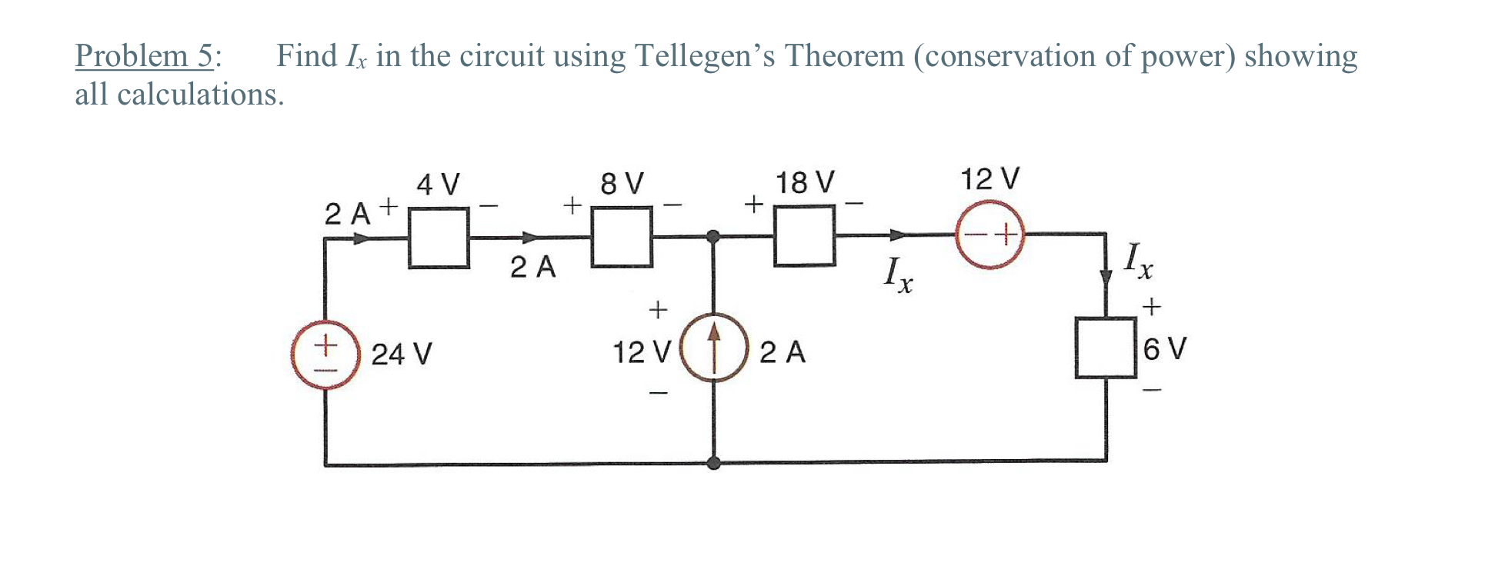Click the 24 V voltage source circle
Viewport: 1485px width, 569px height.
pyautogui.click(x=325, y=354)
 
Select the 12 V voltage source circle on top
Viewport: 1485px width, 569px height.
pyautogui.click(x=990, y=234)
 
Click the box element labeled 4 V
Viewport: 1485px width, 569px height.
pyautogui.click(x=439, y=238)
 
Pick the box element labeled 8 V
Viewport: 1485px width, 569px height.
pyautogui.click(x=622, y=237)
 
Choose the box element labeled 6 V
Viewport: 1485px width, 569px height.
pyautogui.click(x=1106, y=348)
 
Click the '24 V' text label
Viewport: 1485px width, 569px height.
pyautogui.click(x=402, y=354)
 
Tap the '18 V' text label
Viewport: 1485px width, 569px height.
pyautogui.click(x=804, y=183)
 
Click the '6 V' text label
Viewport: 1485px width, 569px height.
pyautogui.click(x=1165, y=349)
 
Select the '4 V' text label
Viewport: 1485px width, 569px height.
pyautogui.click(x=438, y=185)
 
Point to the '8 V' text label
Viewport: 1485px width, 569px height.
pyautogui.click(x=622, y=184)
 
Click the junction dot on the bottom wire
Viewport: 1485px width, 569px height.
pyautogui.click(x=714, y=463)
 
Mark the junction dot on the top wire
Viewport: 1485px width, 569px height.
pyautogui.click(x=714, y=236)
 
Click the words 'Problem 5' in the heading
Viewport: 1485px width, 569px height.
pyautogui.click(x=144, y=56)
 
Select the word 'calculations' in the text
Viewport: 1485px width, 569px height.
pyautogui.click(x=197, y=95)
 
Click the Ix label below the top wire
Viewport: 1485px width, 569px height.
pyautogui.click(x=898, y=275)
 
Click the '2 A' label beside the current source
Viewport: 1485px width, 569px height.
pyautogui.click(x=782, y=353)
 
